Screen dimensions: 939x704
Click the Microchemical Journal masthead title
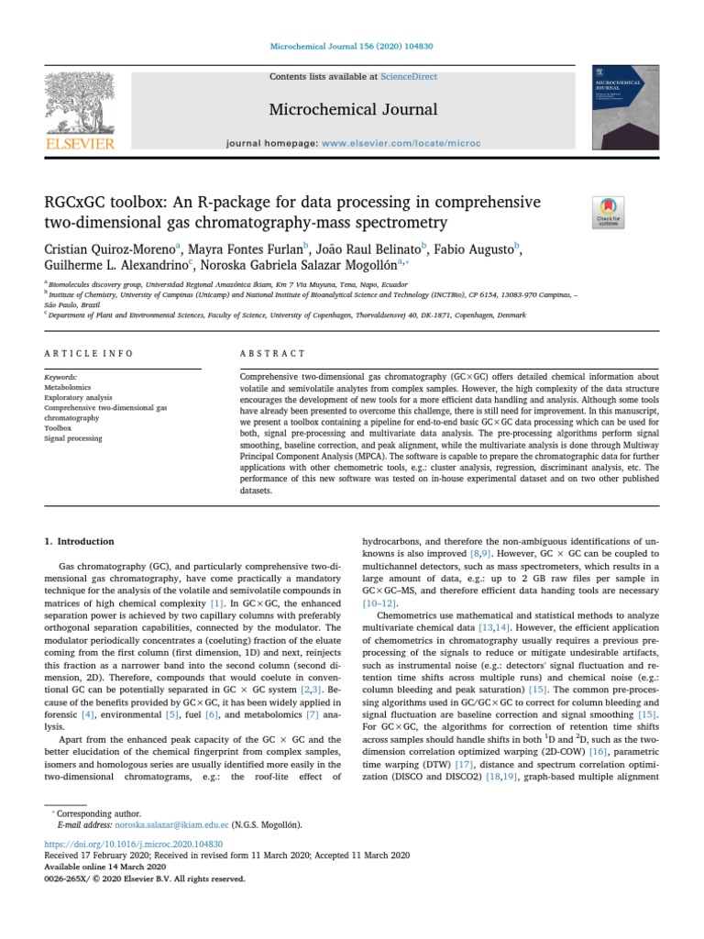352,110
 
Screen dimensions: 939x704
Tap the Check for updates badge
609,213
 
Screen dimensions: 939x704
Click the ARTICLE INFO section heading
89,353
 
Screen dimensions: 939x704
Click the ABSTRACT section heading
273,353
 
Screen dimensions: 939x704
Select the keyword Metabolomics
69,388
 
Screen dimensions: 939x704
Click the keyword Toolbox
58,427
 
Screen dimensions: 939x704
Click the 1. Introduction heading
80,542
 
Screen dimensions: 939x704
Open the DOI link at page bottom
120,843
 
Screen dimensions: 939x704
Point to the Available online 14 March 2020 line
105,867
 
